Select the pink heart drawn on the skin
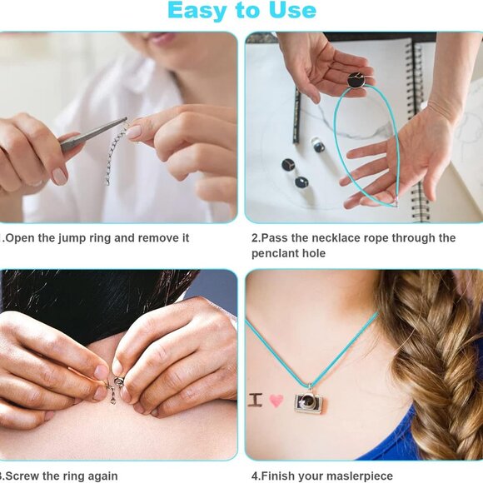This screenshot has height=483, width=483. pyautogui.click(x=276, y=401)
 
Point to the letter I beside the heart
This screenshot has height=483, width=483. pyautogui.click(x=256, y=400)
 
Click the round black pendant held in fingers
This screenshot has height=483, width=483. pyautogui.click(x=356, y=79)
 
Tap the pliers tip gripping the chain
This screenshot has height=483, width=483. pyautogui.click(x=123, y=120)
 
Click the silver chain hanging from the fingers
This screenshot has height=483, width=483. pyautogui.click(x=116, y=153)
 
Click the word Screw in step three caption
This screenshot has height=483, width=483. pyautogui.click(x=22, y=476)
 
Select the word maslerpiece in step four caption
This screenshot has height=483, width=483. pyautogui.click(x=360, y=476)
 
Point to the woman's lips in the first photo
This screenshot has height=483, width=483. pyautogui.click(x=161, y=37)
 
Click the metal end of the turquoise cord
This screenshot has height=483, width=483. pyautogui.click(x=396, y=202)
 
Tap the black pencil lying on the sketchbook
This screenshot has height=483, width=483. pyautogui.click(x=296, y=116)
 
